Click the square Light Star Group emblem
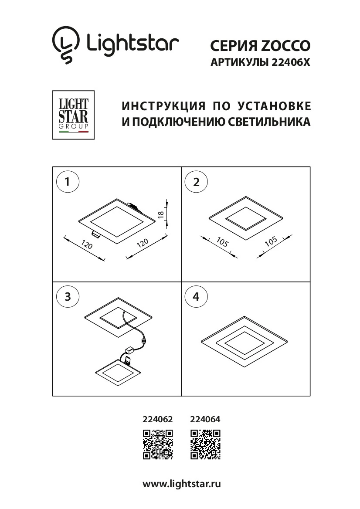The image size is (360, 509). [73, 115]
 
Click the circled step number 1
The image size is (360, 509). [68, 182]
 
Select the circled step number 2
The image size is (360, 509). [196, 182]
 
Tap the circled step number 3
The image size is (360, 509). [68, 297]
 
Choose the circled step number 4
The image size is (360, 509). [196, 297]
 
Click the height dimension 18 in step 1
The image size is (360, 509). [160, 214]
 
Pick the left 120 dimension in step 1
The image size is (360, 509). [87, 246]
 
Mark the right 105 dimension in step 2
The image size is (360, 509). [271, 243]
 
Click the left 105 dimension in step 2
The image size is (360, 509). [222, 243]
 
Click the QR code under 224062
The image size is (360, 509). [158, 444]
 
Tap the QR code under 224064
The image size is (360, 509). [205, 444]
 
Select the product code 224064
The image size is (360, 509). [205, 420]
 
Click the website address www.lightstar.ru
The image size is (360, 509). [182, 484]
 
